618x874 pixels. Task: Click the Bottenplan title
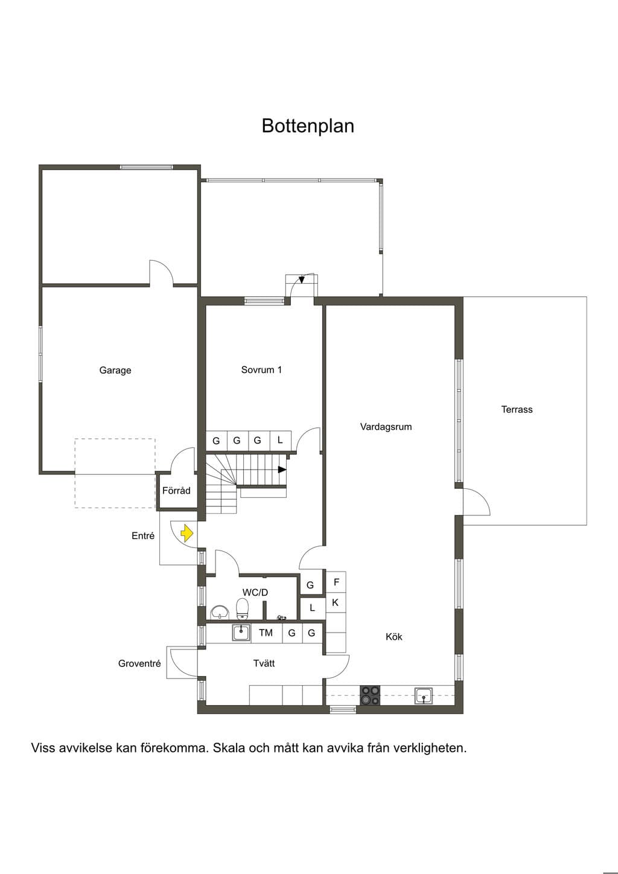(x=308, y=126)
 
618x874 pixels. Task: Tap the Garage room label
(x=115, y=370)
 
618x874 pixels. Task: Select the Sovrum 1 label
(x=261, y=369)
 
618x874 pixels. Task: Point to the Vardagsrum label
(x=386, y=427)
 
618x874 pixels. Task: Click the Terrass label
(x=517, y=409)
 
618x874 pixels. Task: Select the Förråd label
(x=176, y=491)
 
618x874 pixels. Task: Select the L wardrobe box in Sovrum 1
(x=280, y=441)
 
